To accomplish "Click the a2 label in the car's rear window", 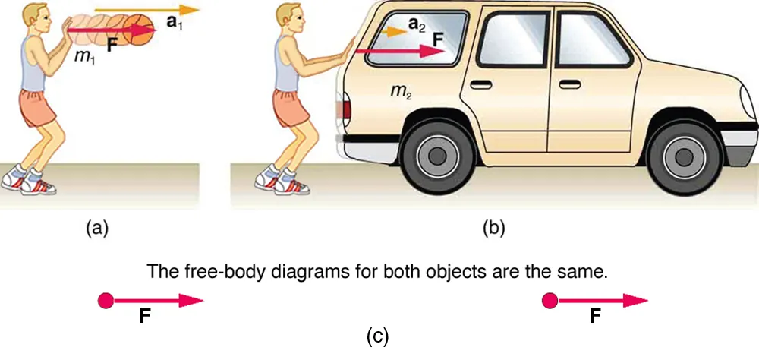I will coord(417,26).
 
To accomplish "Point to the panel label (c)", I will coord(377,334).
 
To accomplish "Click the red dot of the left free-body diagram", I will coord(106,302).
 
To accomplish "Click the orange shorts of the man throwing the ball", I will coord(35,109).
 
